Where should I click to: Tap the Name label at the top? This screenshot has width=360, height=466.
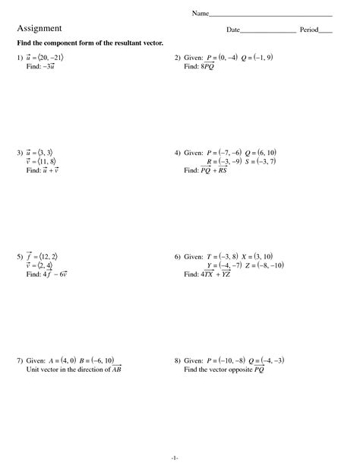point(200,14)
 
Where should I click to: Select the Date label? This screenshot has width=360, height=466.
point(232,30)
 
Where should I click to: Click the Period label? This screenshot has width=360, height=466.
point(309,30)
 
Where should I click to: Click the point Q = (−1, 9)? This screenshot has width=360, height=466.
point(257,58)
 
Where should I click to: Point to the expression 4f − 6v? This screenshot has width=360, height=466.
point(55,274)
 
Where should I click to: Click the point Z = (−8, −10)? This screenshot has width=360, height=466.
point(262,265)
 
